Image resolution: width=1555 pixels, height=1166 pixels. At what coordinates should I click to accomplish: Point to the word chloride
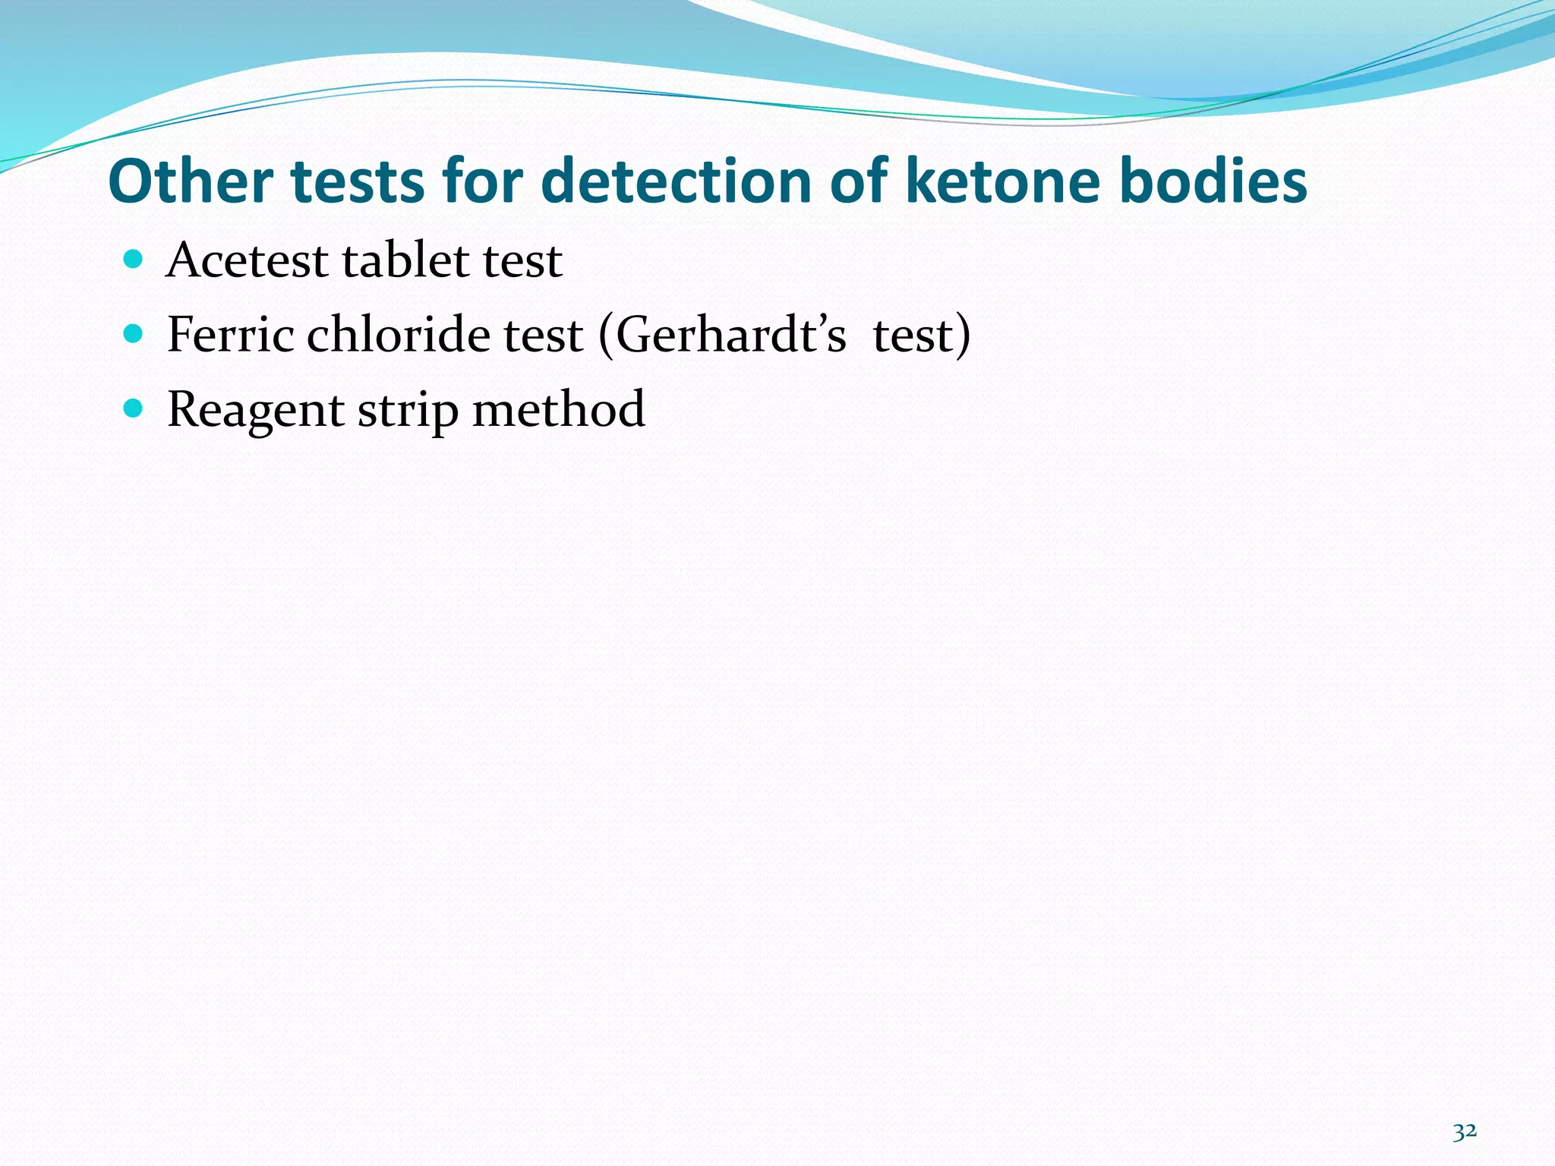coord(399,335)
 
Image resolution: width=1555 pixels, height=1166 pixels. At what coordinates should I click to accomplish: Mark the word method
coord(558,410)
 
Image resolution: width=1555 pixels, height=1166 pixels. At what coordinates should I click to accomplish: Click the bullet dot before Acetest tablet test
coord(133,260)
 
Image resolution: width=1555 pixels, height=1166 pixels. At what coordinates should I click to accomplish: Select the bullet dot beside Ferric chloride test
coord(133,333)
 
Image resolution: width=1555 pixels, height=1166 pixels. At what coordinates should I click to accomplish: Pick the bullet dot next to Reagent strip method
coord(133,408)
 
